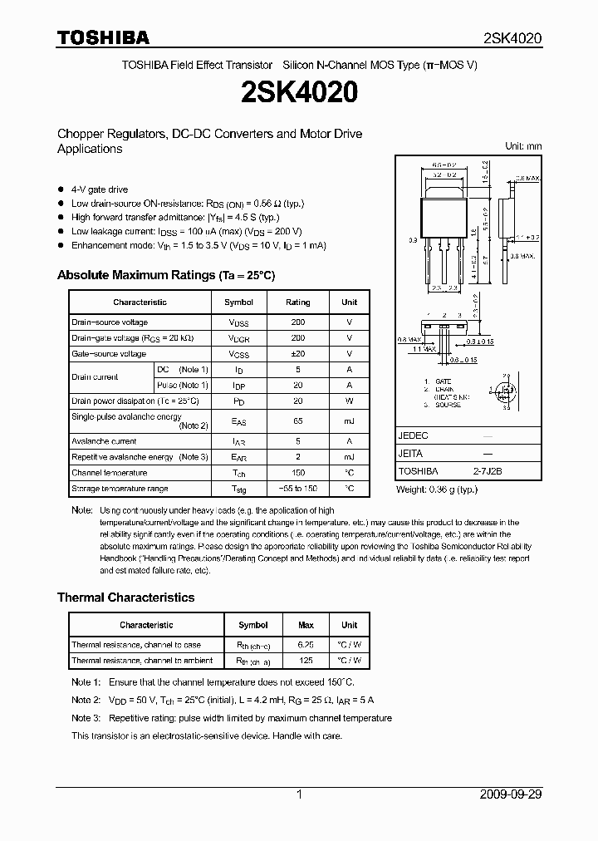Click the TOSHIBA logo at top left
point(103,37)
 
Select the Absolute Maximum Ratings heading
point(165,275)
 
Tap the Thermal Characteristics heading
point(125,598)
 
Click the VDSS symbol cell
point(239,322)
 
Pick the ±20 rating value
point(297,354)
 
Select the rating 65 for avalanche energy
point(297,421)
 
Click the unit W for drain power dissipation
point(349,401)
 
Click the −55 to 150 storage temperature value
point(297,489)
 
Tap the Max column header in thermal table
point(306,625)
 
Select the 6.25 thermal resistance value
point(306,645)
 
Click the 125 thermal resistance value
point(306,661)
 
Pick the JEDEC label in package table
point(414,435)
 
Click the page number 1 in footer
point(299,794)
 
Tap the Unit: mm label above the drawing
point(523,146)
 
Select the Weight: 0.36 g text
point(437,489)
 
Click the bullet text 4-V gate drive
point(100,189)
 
